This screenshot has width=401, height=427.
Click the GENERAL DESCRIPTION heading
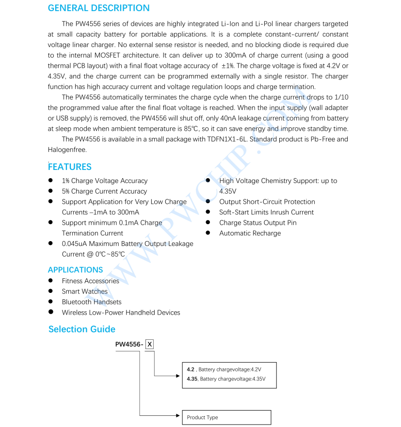(x=98, y=8)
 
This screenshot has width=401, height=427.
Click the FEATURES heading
(x=70, y=167)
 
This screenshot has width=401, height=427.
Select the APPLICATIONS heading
(x=75, y=270)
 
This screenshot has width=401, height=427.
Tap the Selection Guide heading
(x=82, y=329)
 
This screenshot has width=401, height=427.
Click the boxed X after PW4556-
(x=150, y=345)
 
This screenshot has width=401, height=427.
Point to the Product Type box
(x=226, y=417)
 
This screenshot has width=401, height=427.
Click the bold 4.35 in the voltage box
(x=192, y=379)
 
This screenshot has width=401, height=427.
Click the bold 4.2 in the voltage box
(x=191, y=369)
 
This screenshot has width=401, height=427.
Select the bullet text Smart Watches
(x=85, y=291)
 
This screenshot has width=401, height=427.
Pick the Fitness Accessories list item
(x=90, y=281)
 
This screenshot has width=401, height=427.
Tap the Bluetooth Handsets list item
(x=92, y=302)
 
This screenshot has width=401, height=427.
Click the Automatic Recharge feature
(x=250, y=233)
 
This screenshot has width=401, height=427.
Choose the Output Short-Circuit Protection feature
(x=267, y=202)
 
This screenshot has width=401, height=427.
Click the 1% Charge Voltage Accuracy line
(x=105, y=181)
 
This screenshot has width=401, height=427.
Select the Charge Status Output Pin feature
(x=257, y=223)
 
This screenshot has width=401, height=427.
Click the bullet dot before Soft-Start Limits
(x=208, y=212)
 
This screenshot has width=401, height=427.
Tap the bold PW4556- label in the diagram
(x=129, y=345)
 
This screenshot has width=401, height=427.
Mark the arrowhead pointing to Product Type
(x=177, y=415)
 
